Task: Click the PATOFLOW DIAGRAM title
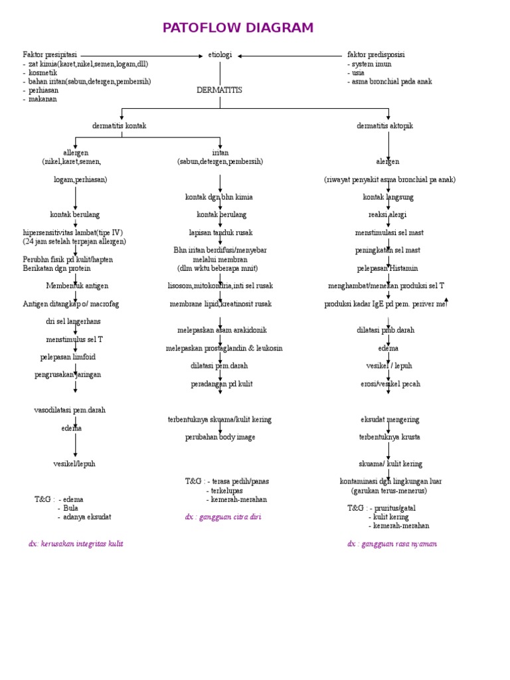coord(238,28)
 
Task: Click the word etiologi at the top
coord(220,55)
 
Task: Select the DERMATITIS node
coord(219,90)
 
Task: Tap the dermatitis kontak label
coord(120,126)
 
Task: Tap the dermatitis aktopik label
coord(384,126)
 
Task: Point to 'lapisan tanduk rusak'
coord(220,232)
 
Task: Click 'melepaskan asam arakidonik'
coord(222,330)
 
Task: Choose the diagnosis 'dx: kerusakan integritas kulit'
coord(76,543)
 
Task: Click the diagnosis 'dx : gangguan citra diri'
coord(223,517)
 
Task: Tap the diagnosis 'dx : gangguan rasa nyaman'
coord(392,543)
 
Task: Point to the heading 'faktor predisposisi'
coord(376,54)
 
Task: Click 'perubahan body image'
coord(220,437)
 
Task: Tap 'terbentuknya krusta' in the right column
coord(389,437)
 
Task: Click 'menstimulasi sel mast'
coord(389,232)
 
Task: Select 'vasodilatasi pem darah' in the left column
coord(70,410)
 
